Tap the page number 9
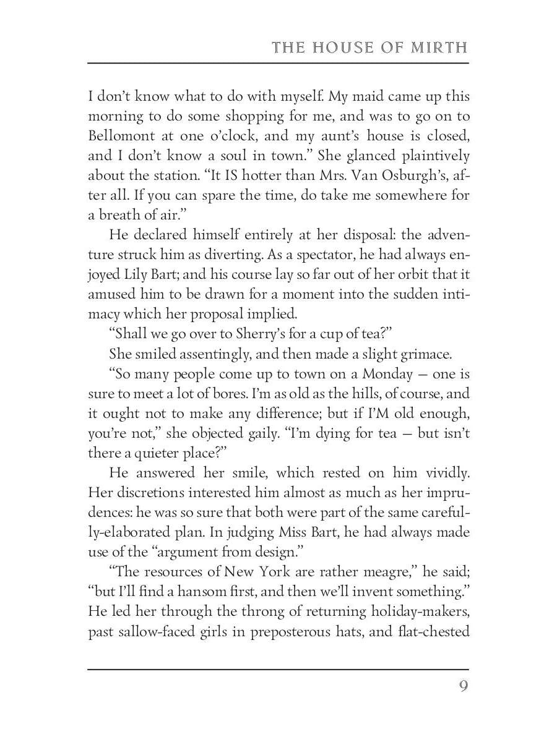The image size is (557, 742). coord(463,686)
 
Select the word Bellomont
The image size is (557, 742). coord(121,135)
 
